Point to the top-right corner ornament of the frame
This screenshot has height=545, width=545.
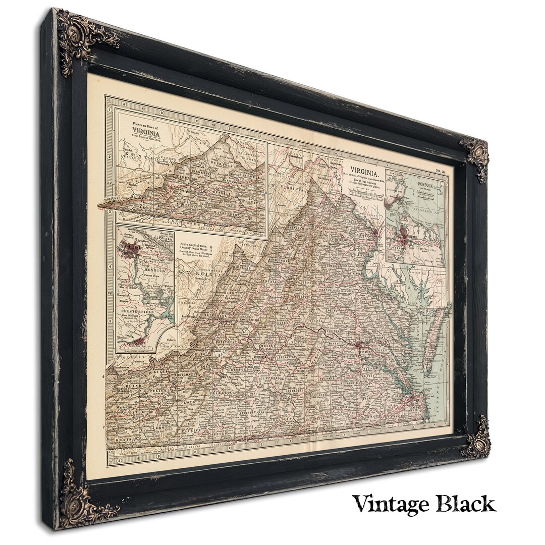click(x=475, y=156)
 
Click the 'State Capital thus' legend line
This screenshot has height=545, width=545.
click(x=194, y=245)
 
